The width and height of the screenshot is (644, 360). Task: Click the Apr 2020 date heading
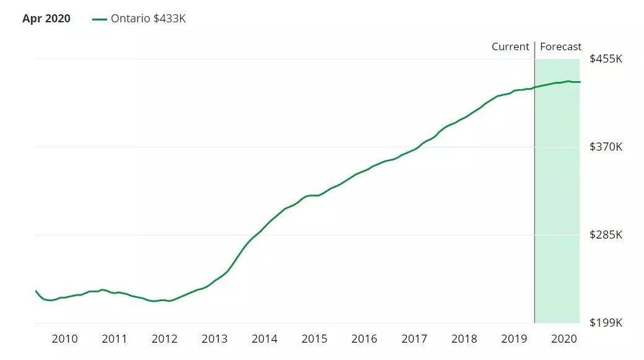tap(46, 19)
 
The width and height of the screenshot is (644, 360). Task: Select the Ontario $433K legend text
tap(148, 19)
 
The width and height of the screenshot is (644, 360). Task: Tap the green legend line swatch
tap(100, 19)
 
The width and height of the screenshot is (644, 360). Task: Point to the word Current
tap(510, 46)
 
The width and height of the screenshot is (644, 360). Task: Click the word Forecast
tap(560, 46)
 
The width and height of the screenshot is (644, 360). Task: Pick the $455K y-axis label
tap(606, 59)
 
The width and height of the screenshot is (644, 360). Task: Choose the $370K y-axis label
tap(606, 147)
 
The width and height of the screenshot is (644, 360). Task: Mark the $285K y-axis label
tap(606, 235)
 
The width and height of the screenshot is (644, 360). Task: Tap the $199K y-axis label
tap(606, 323)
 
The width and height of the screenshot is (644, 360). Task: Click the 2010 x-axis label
tap(64, 339)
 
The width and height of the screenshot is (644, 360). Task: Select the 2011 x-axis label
tap(115, 339)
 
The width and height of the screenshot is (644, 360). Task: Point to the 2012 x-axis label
tap(165, 339)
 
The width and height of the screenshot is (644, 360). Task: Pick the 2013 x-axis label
tap(214, 339)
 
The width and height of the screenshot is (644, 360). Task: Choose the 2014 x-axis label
tap(264, 339)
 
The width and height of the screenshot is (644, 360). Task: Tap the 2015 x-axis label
tap(314, 339)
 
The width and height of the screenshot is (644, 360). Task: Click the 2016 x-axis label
tap(364, 339)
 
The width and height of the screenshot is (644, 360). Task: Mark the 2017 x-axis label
tap(414, 339)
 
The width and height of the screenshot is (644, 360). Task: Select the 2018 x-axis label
tap(464, 339)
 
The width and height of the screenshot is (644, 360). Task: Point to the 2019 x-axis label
tap(514, 339)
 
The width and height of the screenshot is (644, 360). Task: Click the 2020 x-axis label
tap(563, 339)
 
